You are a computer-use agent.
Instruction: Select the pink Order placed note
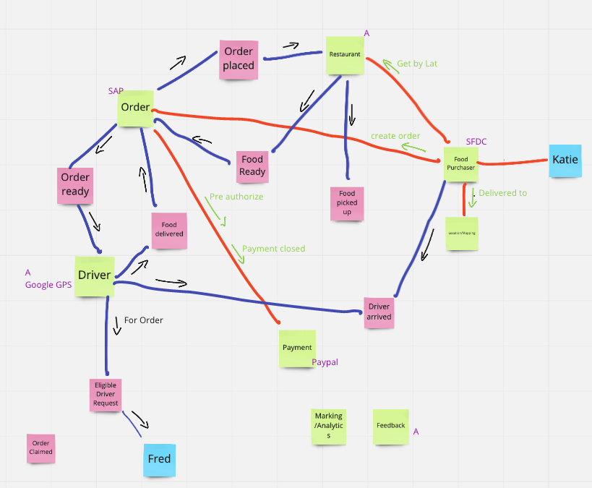239,59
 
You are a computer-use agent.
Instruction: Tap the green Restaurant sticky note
345,55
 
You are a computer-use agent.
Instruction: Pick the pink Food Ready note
252,166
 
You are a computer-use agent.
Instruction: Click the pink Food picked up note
347,203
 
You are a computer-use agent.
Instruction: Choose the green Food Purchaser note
460,163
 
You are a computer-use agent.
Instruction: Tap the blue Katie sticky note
565,160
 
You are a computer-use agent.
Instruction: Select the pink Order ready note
75,184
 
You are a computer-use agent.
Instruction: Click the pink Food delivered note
169,230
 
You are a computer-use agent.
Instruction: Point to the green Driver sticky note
95,275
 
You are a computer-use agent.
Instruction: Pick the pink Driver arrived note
379,312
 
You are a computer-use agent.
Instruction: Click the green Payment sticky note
297,348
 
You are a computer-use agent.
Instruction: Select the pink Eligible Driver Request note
106,395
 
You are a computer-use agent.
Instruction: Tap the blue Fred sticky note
159,459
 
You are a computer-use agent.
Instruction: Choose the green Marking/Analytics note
328,427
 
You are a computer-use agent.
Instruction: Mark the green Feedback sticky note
391,427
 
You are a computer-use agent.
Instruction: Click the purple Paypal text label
325,362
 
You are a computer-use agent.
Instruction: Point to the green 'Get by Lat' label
417,64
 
